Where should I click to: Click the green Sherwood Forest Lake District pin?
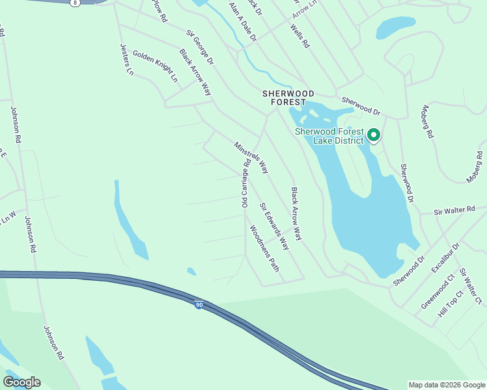(x=374, y=135)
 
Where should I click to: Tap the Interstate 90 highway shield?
(x=198, y=304)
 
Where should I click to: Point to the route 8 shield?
(x=76, y=3)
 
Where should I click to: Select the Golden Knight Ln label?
(x=155, y=66)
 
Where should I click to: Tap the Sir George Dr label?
(x=201, y=47)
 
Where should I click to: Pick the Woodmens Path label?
(x=264, y=248)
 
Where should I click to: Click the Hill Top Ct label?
(x=450, y=304)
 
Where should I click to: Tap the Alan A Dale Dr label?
(x=243, y=22)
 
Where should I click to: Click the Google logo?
(x=21, y=382)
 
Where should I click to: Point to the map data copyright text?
(x=446, y=385)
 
